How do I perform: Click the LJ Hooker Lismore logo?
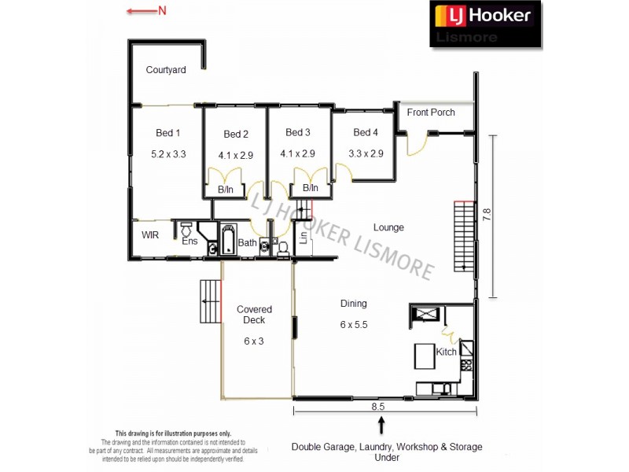486,24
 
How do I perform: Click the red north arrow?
146,10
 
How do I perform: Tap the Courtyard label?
166,70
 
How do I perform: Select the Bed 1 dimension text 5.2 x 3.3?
168,155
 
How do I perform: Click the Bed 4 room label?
366,133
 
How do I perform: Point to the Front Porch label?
431,112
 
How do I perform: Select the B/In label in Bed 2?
226,190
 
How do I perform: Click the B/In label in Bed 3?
311,188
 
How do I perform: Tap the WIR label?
150,235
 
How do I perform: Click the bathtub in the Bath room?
228,239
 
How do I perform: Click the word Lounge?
388,227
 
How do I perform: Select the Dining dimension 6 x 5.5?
353,324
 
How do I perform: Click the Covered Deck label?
254,315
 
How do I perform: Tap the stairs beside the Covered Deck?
210,301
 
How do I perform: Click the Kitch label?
446,352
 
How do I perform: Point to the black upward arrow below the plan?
382,426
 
